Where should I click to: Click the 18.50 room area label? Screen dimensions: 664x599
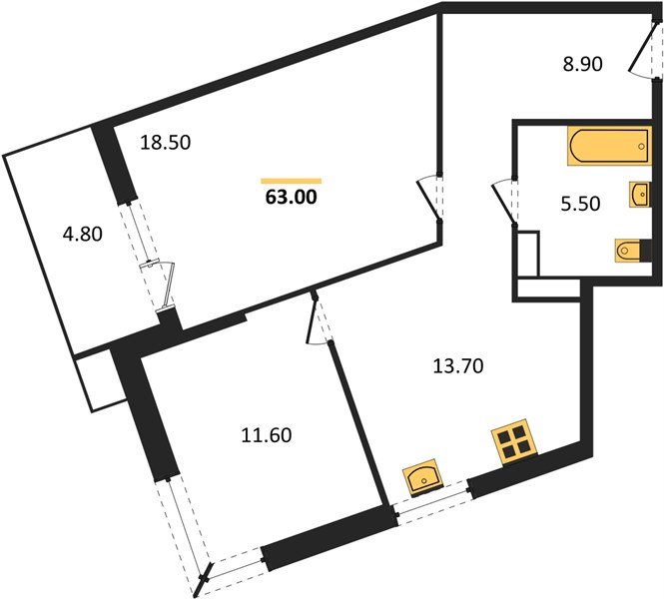click(x=165, y=143)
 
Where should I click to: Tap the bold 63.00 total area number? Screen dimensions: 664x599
click(x=291, y=198)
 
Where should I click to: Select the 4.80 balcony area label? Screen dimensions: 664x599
click(x=83, y=234)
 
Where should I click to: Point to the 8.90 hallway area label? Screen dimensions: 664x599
click(x=582, y=64)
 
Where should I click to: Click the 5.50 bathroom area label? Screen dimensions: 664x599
click(x=580, y=204)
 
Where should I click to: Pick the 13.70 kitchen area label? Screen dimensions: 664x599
click(x=458, y=366)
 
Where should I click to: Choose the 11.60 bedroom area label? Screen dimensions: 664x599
click(x=267, y=435)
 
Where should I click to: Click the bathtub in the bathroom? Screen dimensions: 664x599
click(x=609, y=146)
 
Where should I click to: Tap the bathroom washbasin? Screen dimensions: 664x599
click(x=640, y=195)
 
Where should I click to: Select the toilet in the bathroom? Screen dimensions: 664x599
click(x=633, y=251)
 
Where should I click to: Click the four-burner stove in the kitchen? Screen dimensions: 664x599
click(x=513, y=442)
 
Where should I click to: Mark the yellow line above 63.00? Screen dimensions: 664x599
click(x=291, y=181)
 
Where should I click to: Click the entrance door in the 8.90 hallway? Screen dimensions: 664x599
click(x=645, y=48)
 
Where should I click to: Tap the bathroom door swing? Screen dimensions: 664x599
click(x=504, y=202)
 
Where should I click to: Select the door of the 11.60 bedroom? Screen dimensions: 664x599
click(x=319, y=318)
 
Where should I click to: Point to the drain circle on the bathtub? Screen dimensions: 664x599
click(x=641, y=146)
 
